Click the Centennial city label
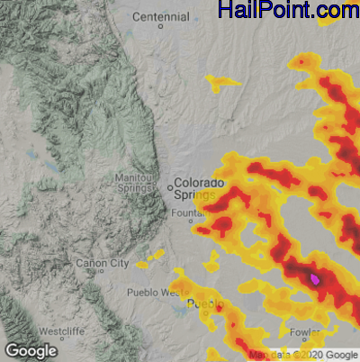(x=160, y=16)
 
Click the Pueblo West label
(x=155, y=293)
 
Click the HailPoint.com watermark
(x=288, y=11)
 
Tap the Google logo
(x=31, y=350)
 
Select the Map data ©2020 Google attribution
(x=304, y=355)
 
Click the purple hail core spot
(x=314, y=279)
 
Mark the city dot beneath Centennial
(x=161, y=26)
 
